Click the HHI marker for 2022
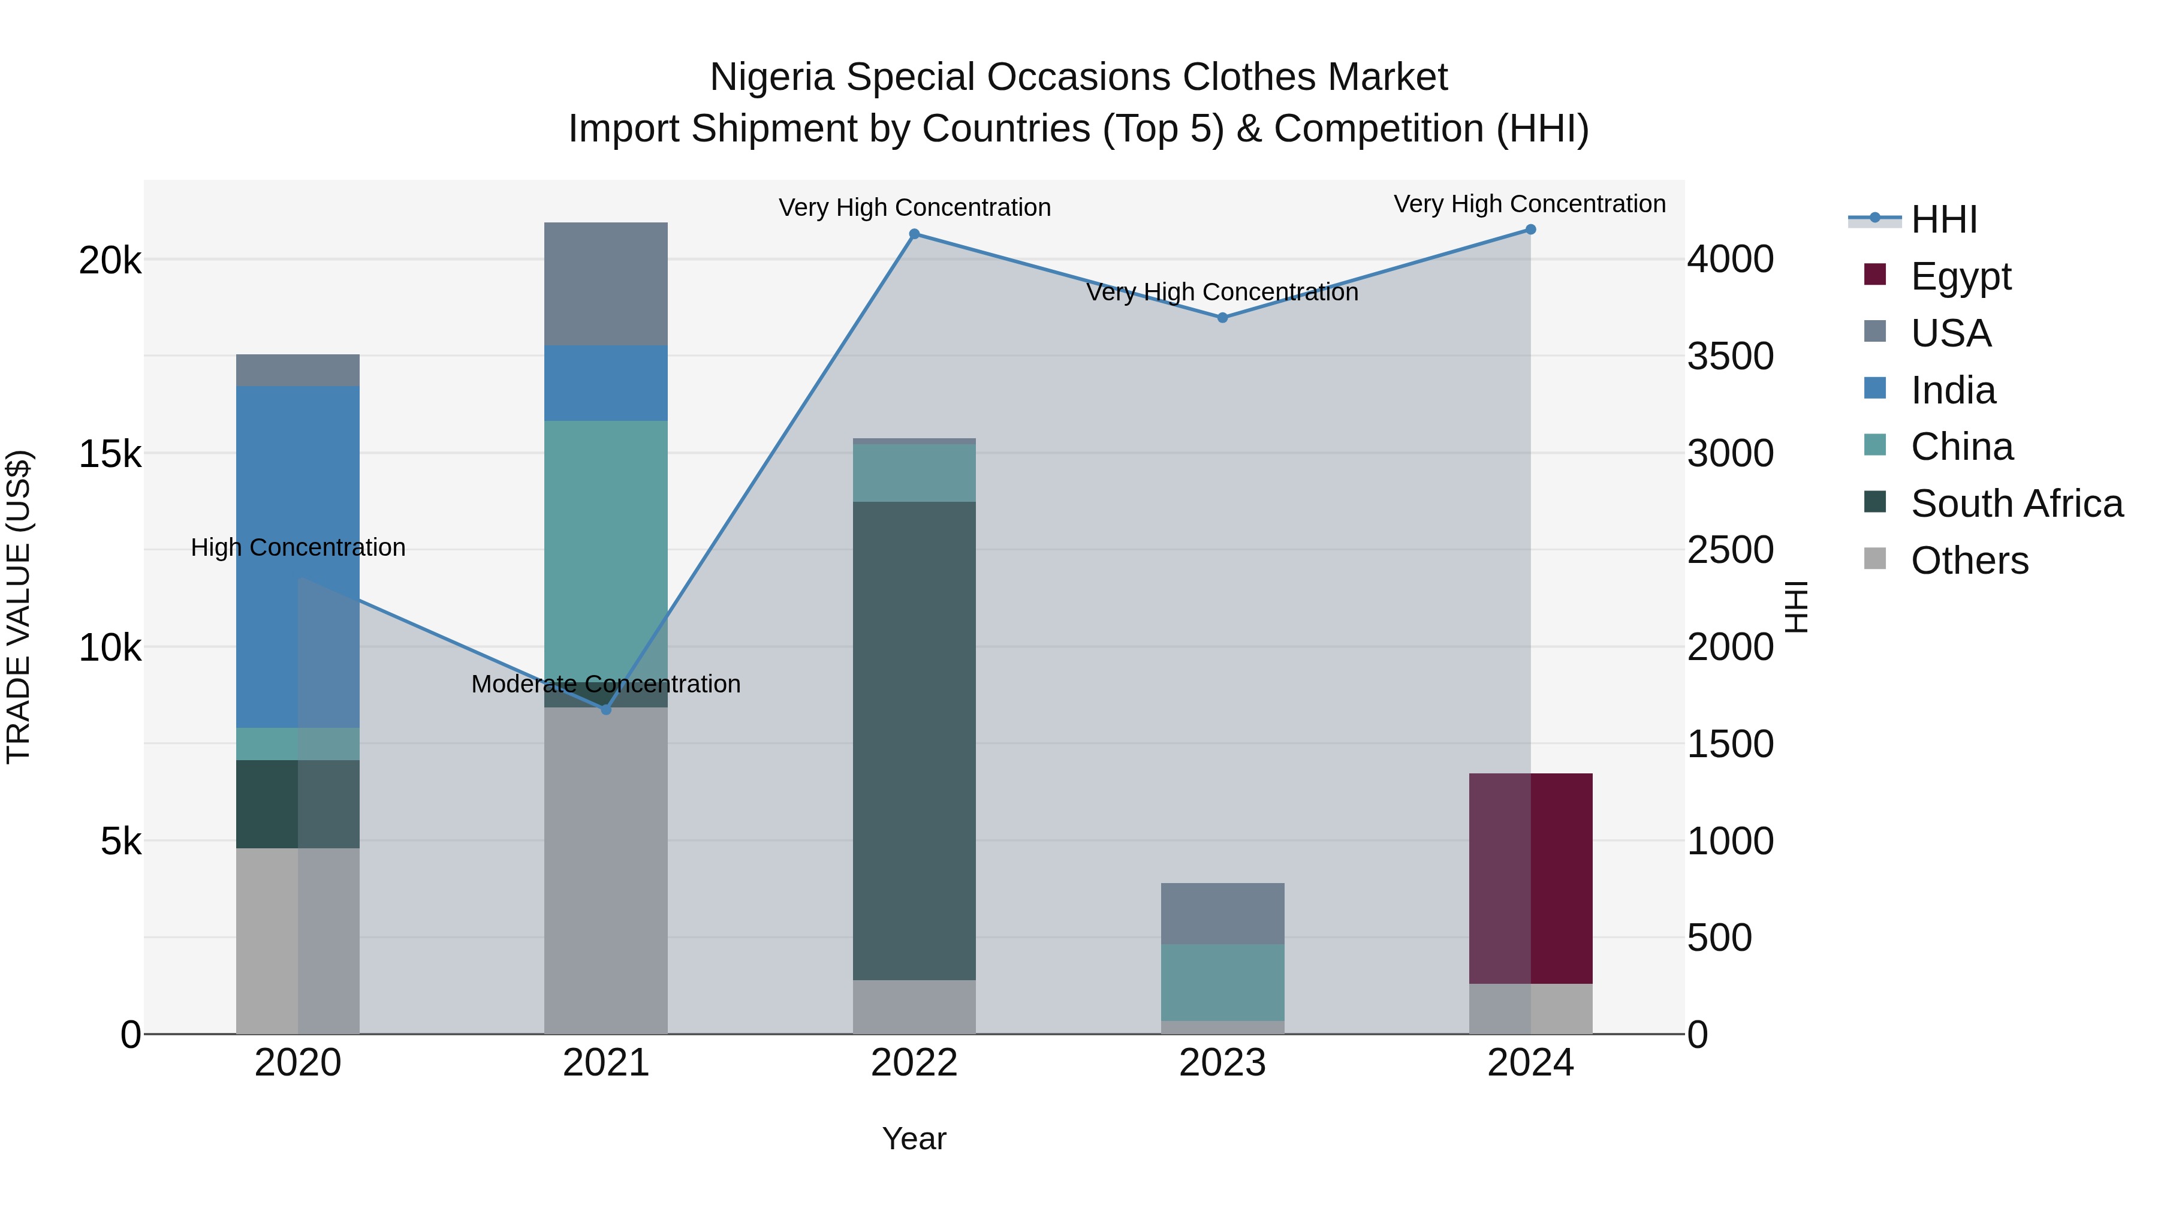coord(914,234)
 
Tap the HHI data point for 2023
coord(1222,318)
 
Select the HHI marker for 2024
coord(1530,230)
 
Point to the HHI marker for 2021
coord(607,710)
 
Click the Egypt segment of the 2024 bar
coord(1530,878)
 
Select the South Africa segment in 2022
coord(914,740)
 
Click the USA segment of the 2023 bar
coord(1222,913)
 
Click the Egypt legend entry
coord(1960,276)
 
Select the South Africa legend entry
coord(2017,504)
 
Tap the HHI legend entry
coord(1943,219)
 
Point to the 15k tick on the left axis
coord(110,454)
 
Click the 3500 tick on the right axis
coord(1730,356)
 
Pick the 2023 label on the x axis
coord(1222,1063)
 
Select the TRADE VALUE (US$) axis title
coord(19,607)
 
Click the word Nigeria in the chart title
coord(771,77)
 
